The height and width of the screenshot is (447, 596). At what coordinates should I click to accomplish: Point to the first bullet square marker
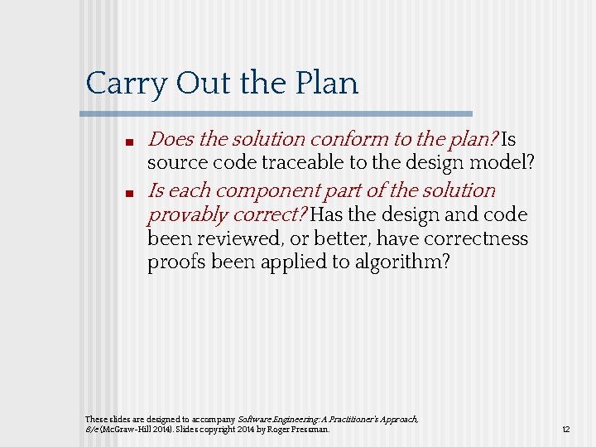(x=131, y=142)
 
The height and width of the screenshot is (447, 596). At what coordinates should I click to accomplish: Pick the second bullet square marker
(x=131, y=194)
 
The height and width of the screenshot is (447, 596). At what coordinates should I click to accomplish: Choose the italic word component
(x=294, y=191)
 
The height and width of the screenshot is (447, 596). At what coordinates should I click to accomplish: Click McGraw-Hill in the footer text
(x=124, y=430)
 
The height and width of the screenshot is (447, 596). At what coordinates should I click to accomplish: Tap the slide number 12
(x=566, y=430)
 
